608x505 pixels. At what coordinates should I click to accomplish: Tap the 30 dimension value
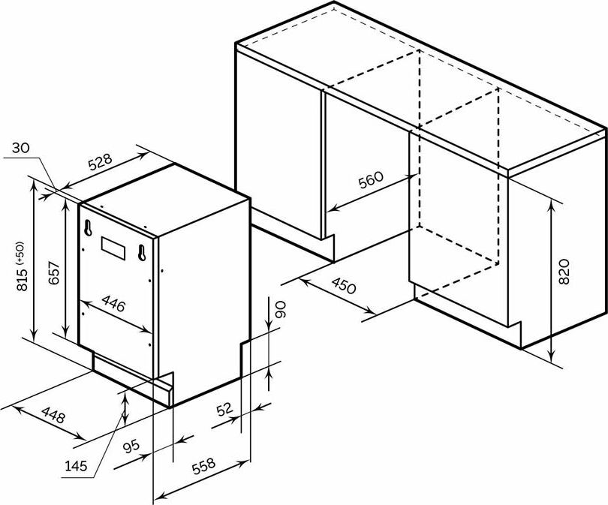[x=21, y=148]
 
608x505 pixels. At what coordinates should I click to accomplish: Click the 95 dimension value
[x=132, y=448]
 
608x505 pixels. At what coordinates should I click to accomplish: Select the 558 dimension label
[x=204, y=466]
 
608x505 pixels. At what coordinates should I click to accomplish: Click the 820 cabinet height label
[x=564, y=271]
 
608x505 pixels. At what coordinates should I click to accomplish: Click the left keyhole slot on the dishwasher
[x=89, y=226]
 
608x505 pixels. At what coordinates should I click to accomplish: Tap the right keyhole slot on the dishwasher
[x=140, y=253]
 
